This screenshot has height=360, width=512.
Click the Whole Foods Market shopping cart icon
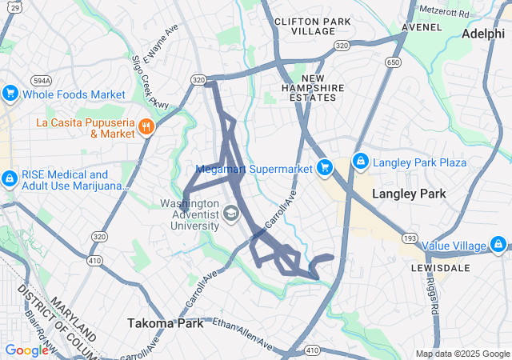10,94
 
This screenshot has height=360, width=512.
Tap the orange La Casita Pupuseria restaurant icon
146,126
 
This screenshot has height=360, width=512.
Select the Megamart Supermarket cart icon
324,167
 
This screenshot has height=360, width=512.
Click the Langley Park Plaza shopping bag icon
360,162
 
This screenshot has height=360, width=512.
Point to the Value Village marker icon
498,244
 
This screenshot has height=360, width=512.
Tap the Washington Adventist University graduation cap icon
230,213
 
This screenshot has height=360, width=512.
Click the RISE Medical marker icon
10,178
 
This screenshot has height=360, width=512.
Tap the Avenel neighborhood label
422,26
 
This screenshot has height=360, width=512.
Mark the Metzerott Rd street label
445,11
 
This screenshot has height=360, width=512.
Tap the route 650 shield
393,62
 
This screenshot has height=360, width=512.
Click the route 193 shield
410,238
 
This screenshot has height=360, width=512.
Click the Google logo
27,350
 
